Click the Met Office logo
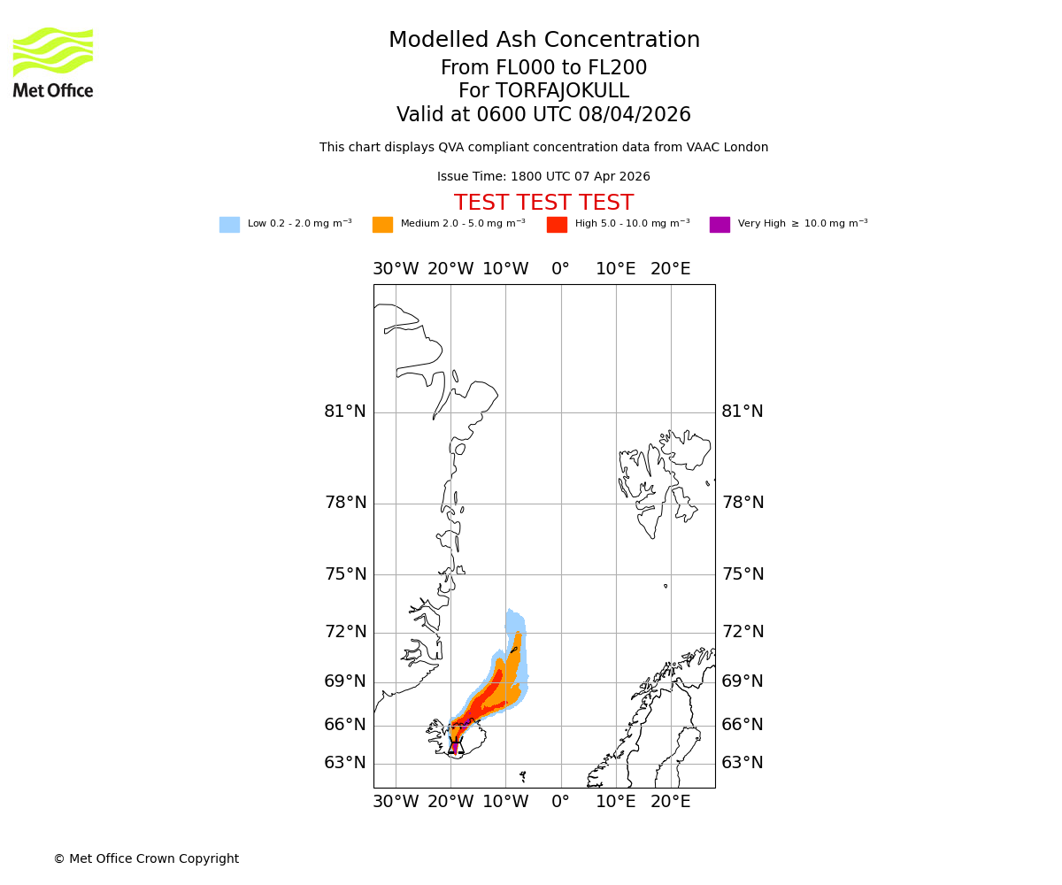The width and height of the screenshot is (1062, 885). (x=53, y=62)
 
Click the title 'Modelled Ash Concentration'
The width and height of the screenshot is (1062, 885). (x=544, y=41)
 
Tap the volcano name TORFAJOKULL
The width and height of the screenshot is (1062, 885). (x=562, y=91)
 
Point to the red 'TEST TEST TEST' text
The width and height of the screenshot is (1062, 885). (x=543, y=204)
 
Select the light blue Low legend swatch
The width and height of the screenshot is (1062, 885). (x=229, y=225)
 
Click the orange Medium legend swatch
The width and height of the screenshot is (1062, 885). (x=382, y=225)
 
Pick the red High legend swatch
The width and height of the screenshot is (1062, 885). (x=557, y=225)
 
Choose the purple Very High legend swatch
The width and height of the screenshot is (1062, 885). (x=720, y=225)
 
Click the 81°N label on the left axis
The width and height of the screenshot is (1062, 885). (x=345, y=412)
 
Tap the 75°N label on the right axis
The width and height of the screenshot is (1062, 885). (x=743, y=574)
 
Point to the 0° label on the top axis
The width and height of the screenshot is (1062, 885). (x=560, y=269)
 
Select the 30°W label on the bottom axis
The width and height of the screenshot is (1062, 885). (x=396, y=803)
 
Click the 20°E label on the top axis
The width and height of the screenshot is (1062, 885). (x=671, y=269)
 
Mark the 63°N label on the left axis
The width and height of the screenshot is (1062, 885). (x=345, y=763)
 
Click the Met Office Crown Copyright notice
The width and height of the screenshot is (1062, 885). (x=146, y=859)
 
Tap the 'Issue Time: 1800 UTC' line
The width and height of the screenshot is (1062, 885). (x=543, y=177)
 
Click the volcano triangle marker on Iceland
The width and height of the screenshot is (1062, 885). (x=456, y=747)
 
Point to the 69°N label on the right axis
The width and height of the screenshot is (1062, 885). (x=743, y=681)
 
